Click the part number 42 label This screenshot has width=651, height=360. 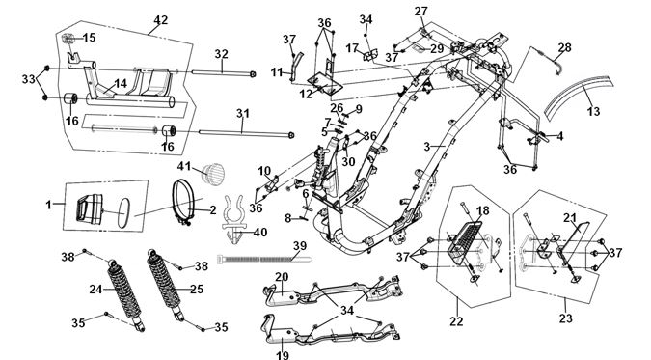(x=161, y=20)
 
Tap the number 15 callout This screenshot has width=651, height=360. (x=89, y=38)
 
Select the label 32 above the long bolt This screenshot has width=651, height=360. (x=222, y=54)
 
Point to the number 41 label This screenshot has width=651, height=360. (x=184, y=166)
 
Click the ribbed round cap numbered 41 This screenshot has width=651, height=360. (x=213, y=173)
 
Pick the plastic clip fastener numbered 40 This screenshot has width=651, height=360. (x=233, y=220)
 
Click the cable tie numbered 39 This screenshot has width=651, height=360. (x=264, y=260)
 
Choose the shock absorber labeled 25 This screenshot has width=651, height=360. (x=166, y=285)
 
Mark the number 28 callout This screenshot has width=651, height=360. (x=564, y=47)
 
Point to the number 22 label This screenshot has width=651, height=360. (x=456, y=321)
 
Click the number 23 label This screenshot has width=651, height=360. (x=566, y=318)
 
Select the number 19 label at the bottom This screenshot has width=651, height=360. (x=283, y=355)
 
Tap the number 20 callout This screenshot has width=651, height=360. (x=282, y=277)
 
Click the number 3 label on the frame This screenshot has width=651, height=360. (x=427, y=147)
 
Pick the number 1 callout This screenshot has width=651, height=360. (x=49, y=205)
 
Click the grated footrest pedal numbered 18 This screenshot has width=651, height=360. (x=464, y=240)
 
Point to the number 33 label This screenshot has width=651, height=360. (x=29, y=78)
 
